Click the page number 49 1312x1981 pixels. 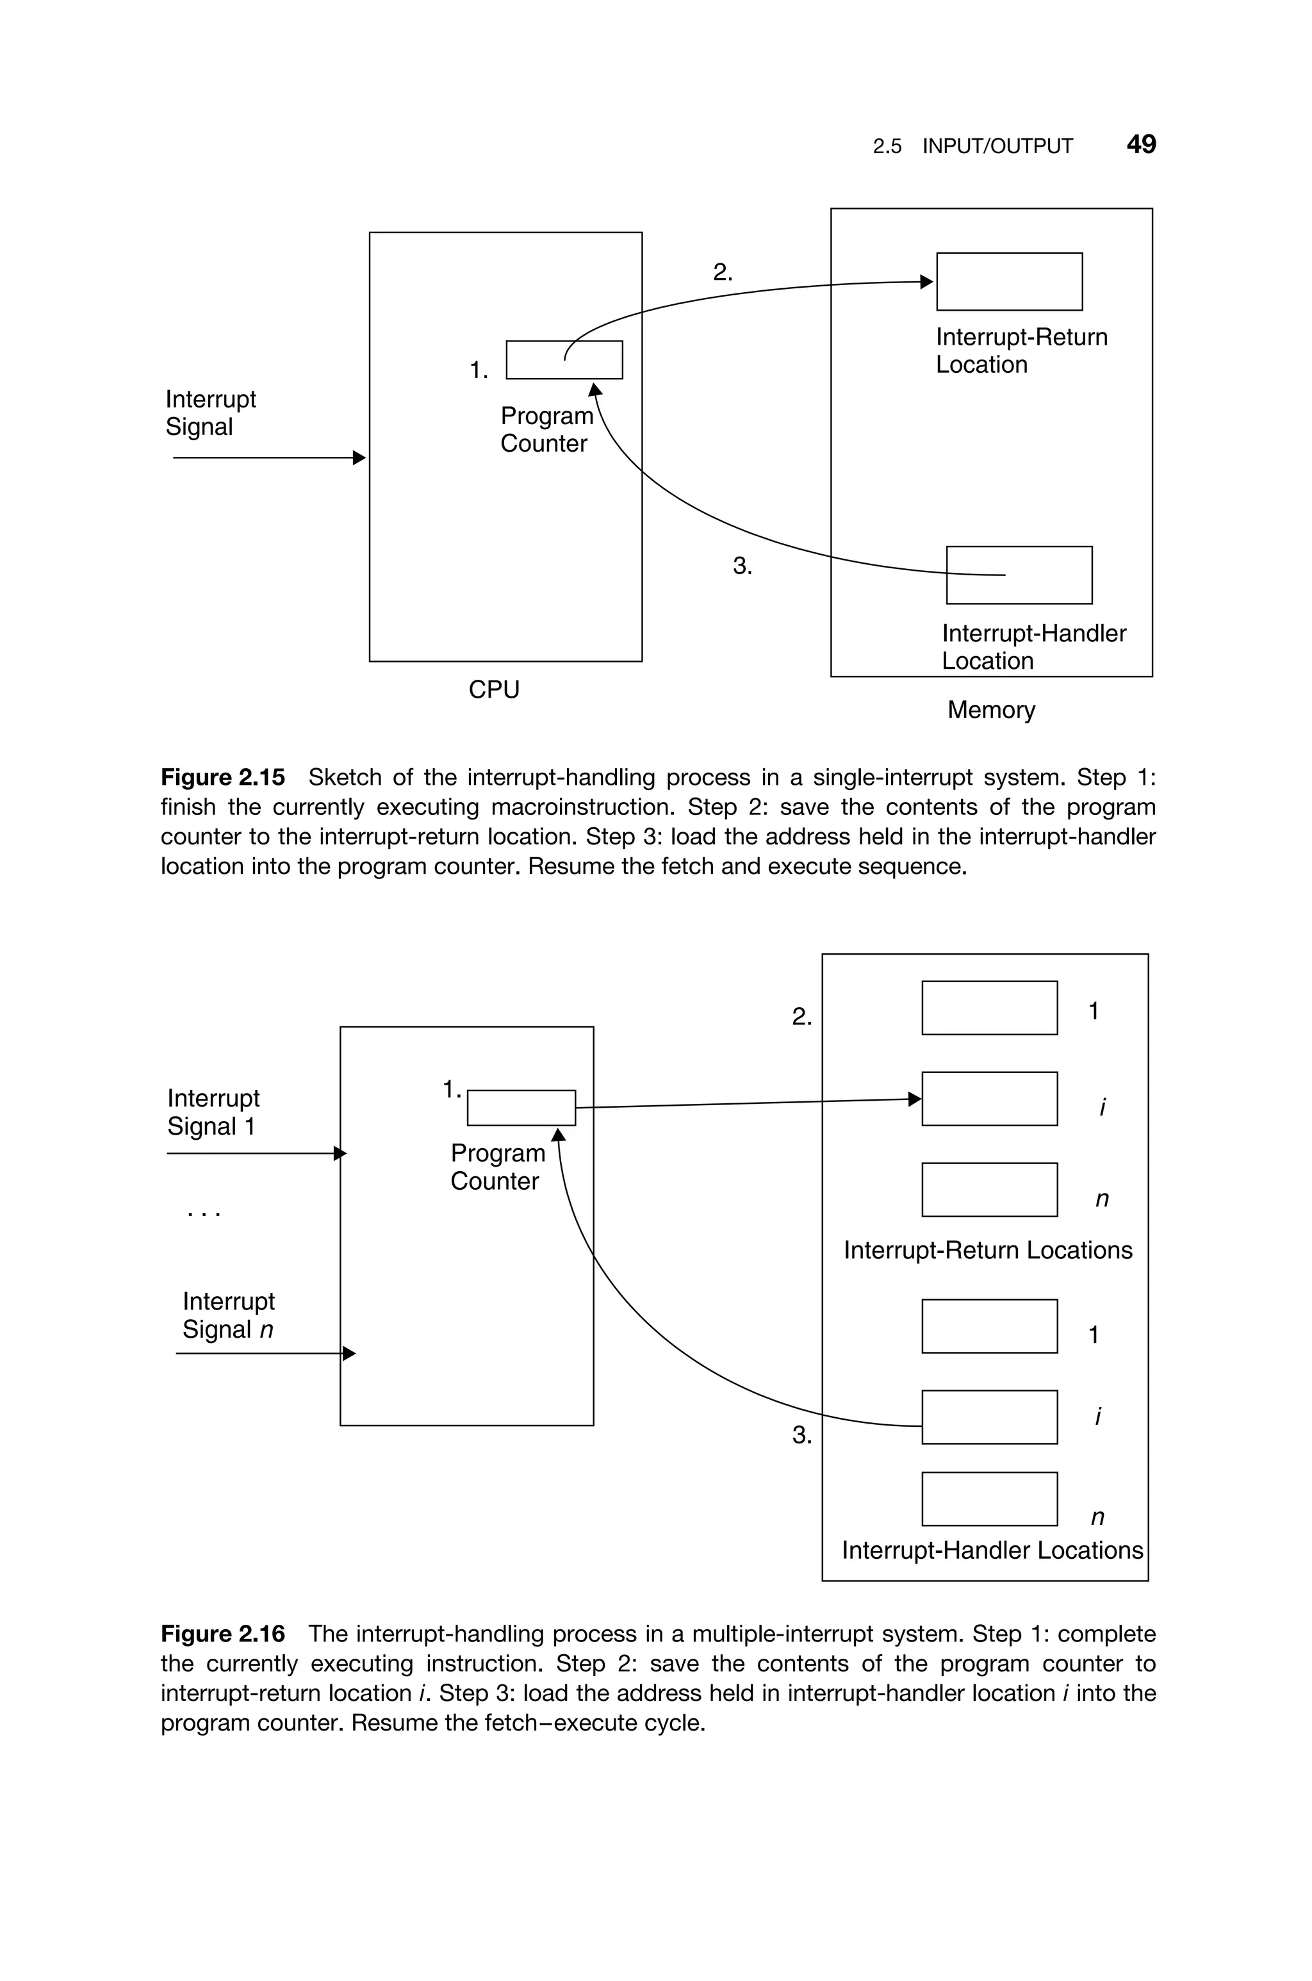coord(1140,145)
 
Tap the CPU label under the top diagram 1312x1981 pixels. coord(494,689)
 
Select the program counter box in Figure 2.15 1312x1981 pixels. coord(564,359)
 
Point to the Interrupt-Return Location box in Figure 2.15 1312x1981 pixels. coord(1009,281)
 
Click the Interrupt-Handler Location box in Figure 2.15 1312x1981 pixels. coord(1019,575)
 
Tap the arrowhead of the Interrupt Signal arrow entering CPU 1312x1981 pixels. coord(360,457)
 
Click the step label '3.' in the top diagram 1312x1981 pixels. coord(742,566)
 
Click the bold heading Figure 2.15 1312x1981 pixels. coord(222,777)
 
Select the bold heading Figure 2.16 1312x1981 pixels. coord(222,1633)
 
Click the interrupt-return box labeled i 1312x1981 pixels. coord(989,1098)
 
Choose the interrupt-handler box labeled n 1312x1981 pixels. coord(989,1499)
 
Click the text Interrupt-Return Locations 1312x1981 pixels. coord(987,1251)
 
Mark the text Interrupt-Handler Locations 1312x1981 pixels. coord(992,1550)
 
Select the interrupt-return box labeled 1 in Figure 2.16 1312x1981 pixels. coord(989,1008)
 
